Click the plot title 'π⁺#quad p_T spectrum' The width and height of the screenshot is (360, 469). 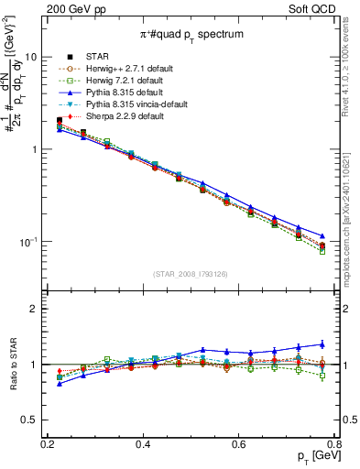[x=191, y=34]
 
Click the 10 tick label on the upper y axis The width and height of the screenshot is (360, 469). [x=30, y=57]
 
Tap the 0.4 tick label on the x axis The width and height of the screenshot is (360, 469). [x=142, y=443]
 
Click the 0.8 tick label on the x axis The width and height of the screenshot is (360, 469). [x=334, y=443]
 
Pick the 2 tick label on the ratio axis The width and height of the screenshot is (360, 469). [x=35, y=309]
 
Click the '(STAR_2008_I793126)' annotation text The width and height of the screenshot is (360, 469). [x=191, y=273]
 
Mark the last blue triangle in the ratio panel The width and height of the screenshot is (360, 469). [x=322, y=344]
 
